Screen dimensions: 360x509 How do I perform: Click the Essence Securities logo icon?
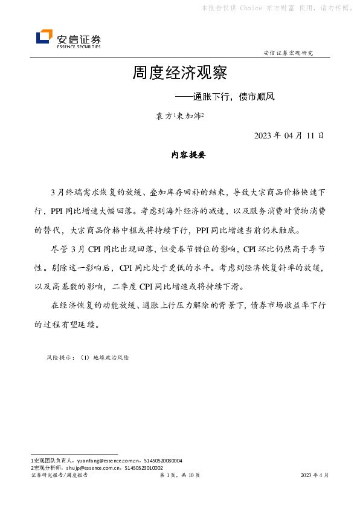coord(44,37)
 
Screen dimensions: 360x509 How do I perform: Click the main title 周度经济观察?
coord(179,74)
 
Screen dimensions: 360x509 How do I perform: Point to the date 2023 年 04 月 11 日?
coord(289,135)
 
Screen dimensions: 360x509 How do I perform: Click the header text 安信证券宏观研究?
coord(289,53)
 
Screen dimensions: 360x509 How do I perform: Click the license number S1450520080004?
coord(163,461)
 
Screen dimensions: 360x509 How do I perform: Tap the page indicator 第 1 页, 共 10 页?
coord(179,476)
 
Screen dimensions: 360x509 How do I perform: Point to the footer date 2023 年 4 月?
coord(315,476)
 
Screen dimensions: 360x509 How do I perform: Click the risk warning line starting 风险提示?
coord(88,358)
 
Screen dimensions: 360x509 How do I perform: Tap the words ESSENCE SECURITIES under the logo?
coord(79,46)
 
